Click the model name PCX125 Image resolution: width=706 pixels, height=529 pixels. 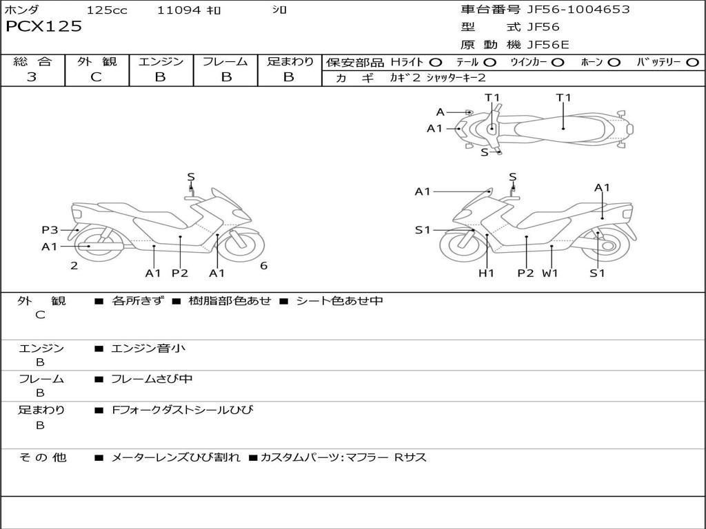click(x=43, y=27)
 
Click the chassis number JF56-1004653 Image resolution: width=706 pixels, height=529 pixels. click(x=568, y=10)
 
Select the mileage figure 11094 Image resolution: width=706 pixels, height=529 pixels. click(x=179, y=10)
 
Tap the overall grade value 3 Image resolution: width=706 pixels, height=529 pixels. click(x=32, y=77)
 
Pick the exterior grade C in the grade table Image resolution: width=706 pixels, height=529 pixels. click(x=96, y=77)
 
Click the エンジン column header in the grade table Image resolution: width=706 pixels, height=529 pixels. click(x=161, y=62)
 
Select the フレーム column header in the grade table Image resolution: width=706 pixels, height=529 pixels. click(x=225, y=62)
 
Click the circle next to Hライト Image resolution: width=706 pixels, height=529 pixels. click(x=435, y=63)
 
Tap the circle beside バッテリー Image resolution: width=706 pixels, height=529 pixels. click(x=692, y=63)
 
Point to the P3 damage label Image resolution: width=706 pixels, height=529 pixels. click(x=50, y=230)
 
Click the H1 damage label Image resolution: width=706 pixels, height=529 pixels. click(x=487, y=273)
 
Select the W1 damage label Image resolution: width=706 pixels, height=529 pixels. click(x=549, y=273)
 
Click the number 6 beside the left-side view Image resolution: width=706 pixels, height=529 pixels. click(x=263, y=266)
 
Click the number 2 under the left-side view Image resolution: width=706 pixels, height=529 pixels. click(x=74, y=266)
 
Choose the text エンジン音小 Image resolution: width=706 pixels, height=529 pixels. click(x=148, y=349)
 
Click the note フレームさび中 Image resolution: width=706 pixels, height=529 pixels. click(x=152, y=379)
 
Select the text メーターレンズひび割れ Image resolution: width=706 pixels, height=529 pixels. click(x=176, y=457)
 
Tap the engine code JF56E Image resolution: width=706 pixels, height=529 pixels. click(x=548, y=45)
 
